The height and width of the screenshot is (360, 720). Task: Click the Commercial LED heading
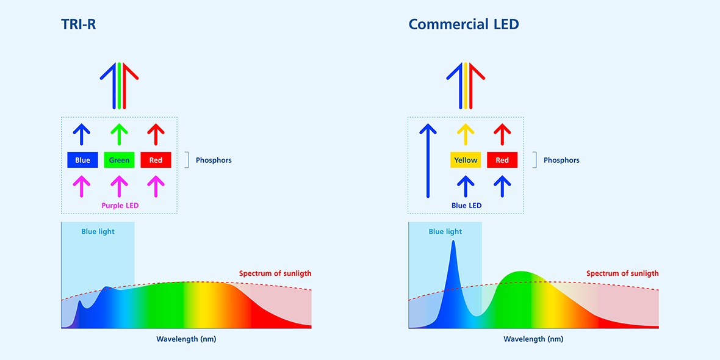pyautogui.click(x=464, y=24)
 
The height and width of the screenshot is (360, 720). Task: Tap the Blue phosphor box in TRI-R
pyautogui.click(x=82, y=160)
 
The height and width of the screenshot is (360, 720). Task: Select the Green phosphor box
pyautogui.click(x=119, y=160)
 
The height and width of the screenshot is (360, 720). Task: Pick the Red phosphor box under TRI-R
pyautogui.click(x=156, y=160)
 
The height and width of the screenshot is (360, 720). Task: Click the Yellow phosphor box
pyautogui.click(x=466, y=160)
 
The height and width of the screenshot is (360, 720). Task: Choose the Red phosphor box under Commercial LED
pyautogui.click(x=502, y=160)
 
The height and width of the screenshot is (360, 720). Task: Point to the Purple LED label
pyautogui.click(x=120, y=206)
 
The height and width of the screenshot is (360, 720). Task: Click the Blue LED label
pyautogui.click(x=466, y=206)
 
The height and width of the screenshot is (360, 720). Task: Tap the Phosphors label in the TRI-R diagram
pyautogui.click(x=214, y=160)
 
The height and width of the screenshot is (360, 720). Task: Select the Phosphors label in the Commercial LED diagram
pyautogui.click(x=561, y=160)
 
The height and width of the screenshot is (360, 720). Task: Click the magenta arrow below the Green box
pyautogui.click(x=119, y=185)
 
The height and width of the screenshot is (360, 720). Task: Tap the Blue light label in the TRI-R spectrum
pyautogui.click(x=98, y=232)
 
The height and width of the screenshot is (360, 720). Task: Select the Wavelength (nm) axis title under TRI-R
pyautogui.click(x=186, y=339)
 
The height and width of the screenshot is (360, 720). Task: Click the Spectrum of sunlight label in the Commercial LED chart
pyautogui.click(x=622, y=273)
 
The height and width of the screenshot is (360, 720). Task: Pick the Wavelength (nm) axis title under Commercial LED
pyautogui.click(x=533, y=339)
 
